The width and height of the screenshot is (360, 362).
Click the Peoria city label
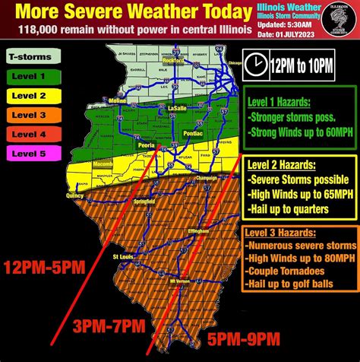pyautogui.click(x=146, y=143)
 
